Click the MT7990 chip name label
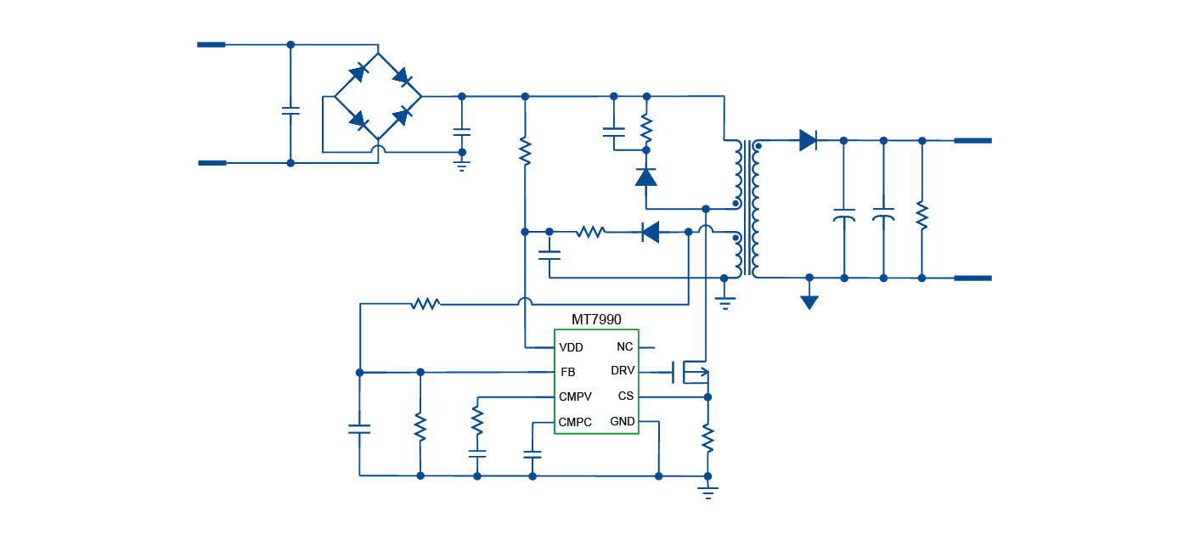point(596,320)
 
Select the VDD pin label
point(571,347)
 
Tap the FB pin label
point(567,372)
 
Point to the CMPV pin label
point(575,397)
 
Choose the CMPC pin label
point(575,422)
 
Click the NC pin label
point(624,346)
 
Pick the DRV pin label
point(622,371)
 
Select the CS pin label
point(625,396)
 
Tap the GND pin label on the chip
point(622,421)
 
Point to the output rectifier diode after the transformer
point(808,140)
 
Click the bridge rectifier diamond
point(378,97)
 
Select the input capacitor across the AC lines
point(290,110)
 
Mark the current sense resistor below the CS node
point(707,437)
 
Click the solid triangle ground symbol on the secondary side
point(809,301)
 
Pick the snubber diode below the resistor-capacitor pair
point(646,177)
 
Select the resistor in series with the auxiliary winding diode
point(590,232)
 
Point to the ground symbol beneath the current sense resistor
point(707,492)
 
